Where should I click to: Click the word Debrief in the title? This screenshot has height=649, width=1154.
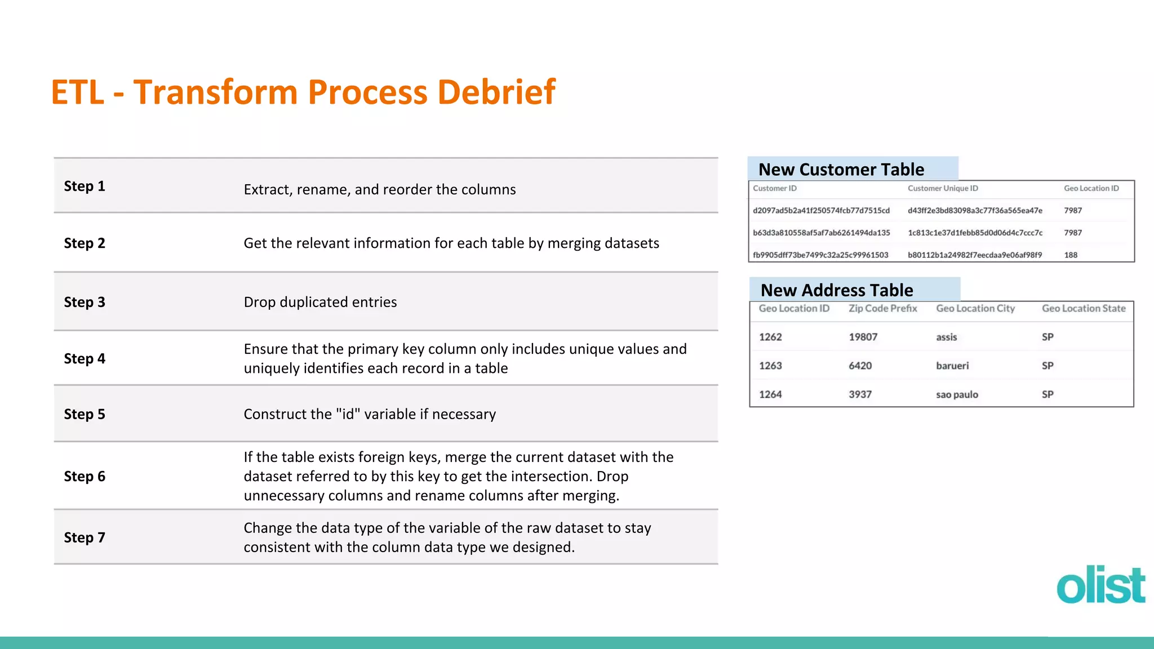[x=496, y=92]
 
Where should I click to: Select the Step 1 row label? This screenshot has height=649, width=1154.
[x=85, y=186]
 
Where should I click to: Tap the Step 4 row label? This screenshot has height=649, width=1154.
[x=85, y=359]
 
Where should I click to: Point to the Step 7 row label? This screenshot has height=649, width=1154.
[x=85, y=537]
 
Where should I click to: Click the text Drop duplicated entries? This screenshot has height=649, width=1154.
[x=320, y=303]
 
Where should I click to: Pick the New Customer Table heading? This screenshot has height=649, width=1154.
[x=841, y=170]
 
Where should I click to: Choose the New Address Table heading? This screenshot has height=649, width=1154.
[x=837, y=290]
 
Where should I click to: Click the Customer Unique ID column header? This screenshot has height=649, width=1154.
[x=943, y=189]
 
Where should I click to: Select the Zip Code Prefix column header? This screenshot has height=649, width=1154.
[x=882, y=309]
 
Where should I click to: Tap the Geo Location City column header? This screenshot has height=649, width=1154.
[x=975, y=309]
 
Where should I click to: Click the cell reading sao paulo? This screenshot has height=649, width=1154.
[x=957, y=395]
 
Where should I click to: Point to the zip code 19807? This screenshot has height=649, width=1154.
[x=863, y=337]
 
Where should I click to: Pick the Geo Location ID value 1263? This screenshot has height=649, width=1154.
[x=770, y=366]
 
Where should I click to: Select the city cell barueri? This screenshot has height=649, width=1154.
[x=952, y=366]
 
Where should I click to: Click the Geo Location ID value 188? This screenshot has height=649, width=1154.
[x=1071, y=255]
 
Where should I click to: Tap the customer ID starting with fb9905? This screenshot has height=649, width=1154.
[x=820, y=255]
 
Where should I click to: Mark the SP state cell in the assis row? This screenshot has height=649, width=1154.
[x=1048, y=337]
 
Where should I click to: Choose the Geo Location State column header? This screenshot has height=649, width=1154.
[x=1083, y=309]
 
